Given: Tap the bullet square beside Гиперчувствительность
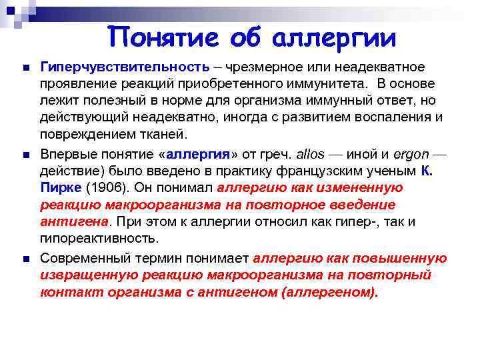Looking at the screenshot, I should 25,68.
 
